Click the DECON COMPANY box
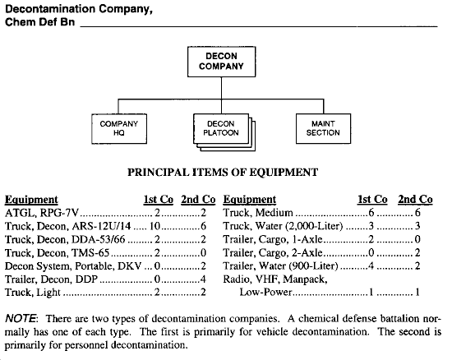coord(221,62)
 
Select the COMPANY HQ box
coord(119,128)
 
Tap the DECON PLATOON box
coord(221,128)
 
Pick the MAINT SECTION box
coord(323,128)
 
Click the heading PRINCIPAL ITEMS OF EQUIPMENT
coord(223,173)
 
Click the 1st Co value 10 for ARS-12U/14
coord(155,226)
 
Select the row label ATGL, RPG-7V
coord(42,213)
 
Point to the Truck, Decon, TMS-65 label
coord(57,253)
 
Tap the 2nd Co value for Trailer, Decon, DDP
coord(203,279)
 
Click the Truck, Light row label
coord(33,293)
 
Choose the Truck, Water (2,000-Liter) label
coord(283,226)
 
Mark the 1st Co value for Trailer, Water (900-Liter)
coord(371,265)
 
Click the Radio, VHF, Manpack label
coord(275,279)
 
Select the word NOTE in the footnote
coord(21,319)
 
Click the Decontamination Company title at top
coord(79,9)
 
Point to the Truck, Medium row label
coord(258,213)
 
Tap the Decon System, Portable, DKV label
coord(73,265)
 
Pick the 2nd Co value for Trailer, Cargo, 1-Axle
coord(417,239)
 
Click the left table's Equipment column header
coord(31,200)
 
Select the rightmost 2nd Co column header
coord(415,199)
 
